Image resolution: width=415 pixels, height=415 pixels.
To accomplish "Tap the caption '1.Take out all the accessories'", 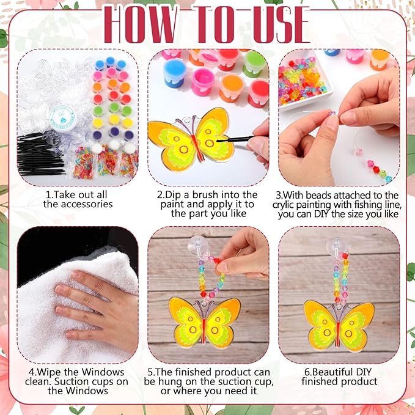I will [78, 199].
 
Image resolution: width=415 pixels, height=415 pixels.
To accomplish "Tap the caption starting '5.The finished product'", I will [208, 381].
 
